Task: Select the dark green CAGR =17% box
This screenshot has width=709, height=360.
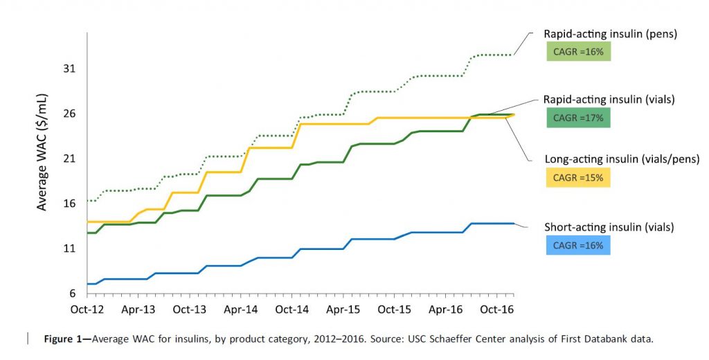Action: coord(578,118)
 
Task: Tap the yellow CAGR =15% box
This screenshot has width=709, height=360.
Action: coord(578,178)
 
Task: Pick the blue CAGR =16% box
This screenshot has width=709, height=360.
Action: coord(578,245)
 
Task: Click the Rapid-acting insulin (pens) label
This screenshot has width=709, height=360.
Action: coord(600,33)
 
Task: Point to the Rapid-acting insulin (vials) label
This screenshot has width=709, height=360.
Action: coord(600,100)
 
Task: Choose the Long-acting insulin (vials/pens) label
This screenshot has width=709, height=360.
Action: coord(609,159)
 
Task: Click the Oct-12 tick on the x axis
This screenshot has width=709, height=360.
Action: coord(87,309)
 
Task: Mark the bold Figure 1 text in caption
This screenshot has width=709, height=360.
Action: coord(66,339)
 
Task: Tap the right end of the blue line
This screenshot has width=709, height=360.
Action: coord(514,224)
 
